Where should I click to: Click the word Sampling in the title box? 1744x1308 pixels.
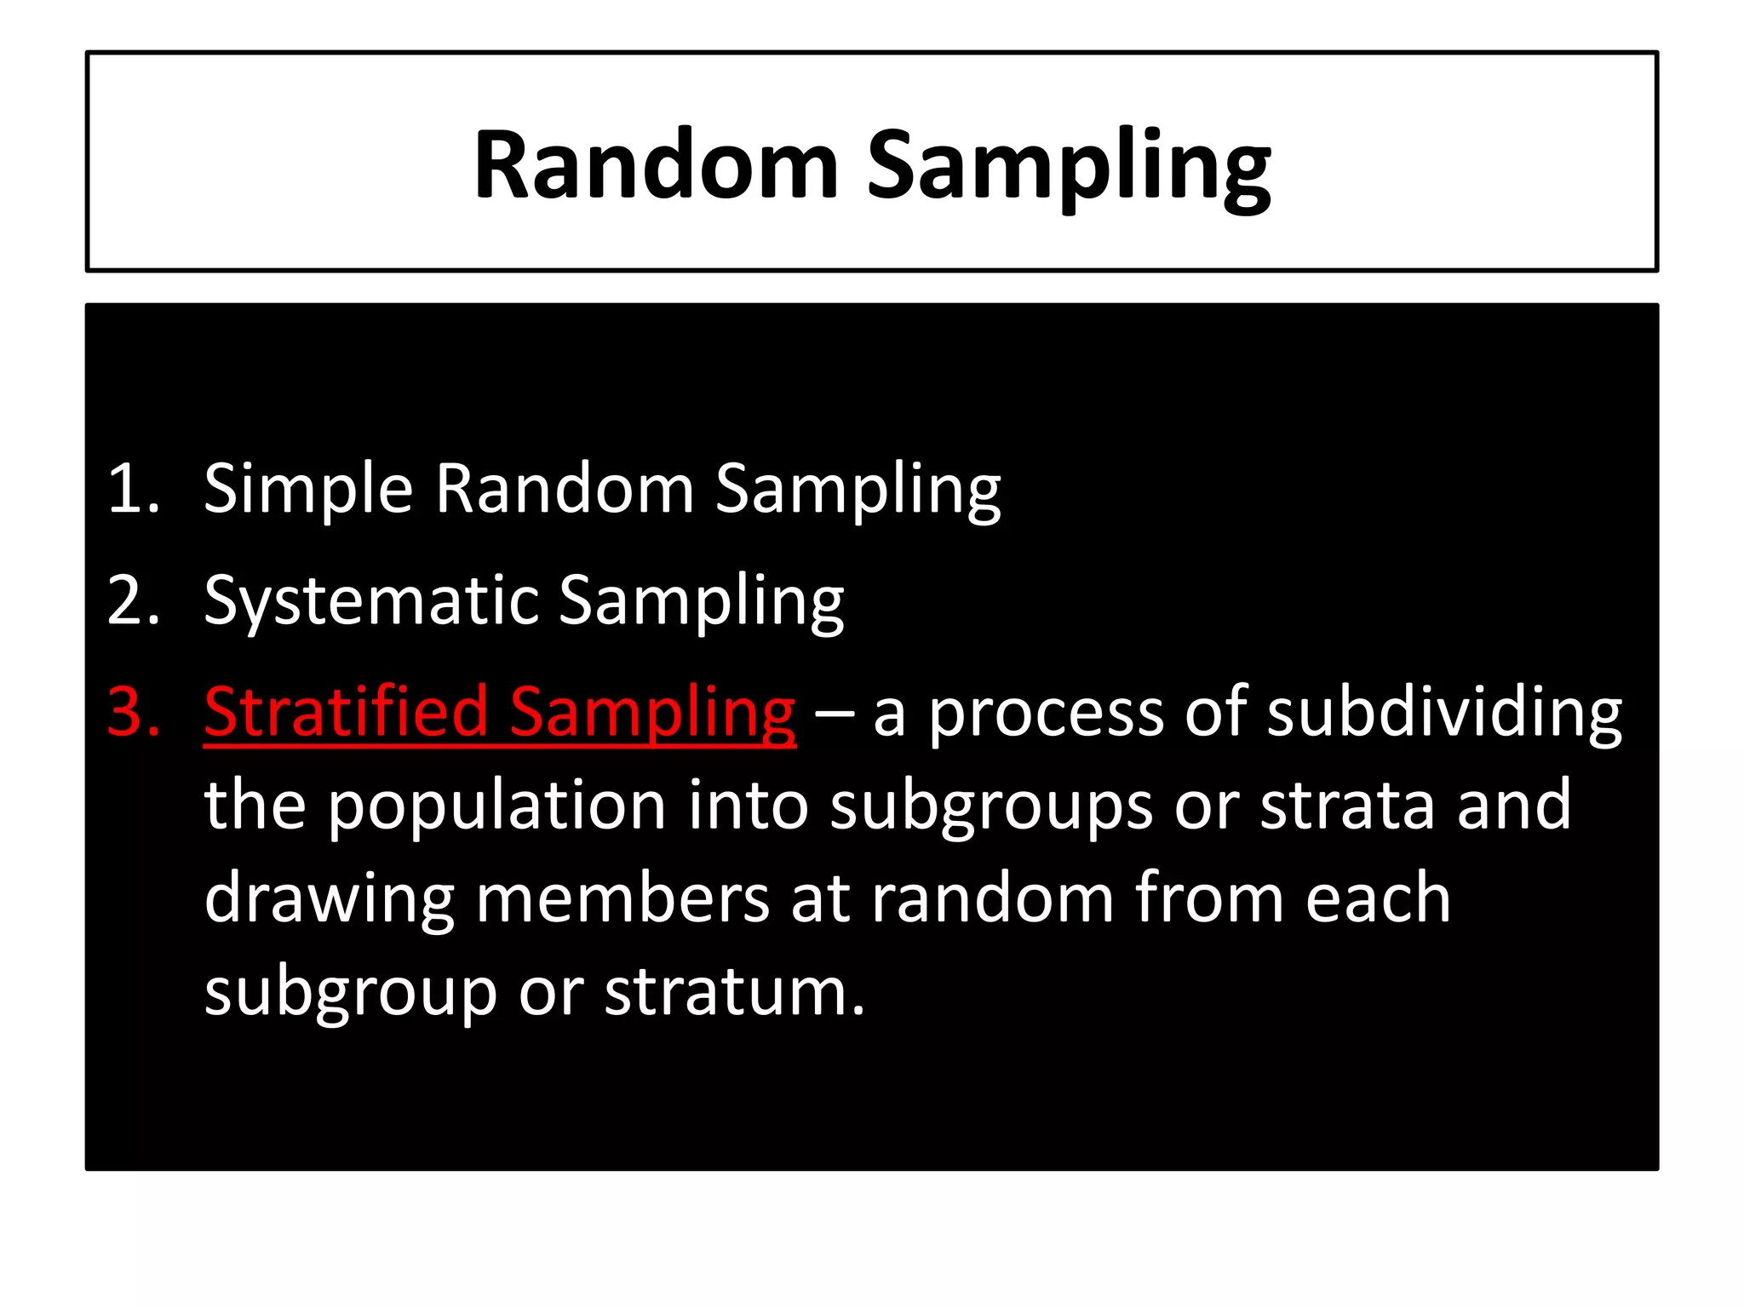[1068, 166]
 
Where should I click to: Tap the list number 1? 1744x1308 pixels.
[134, 489]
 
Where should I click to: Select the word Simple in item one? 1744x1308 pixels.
[308, 490]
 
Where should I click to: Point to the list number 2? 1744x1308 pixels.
[134, 600]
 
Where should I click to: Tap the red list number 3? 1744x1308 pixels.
[134, 712]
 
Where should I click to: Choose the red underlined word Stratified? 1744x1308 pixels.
[346, 712]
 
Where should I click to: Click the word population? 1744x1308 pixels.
[496, 806]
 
